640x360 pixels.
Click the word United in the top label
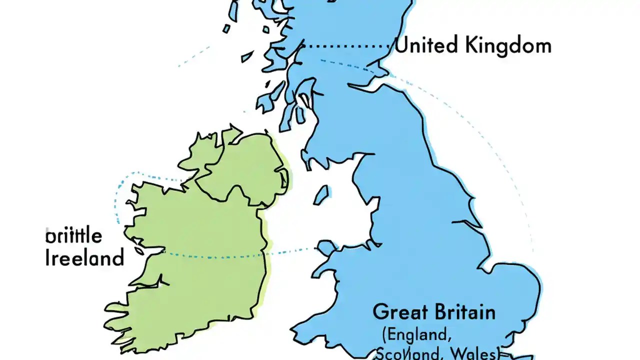coord(426,45)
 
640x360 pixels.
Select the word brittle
coord(73,235)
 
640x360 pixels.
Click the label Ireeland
coord(84,258)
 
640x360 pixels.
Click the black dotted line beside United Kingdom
coord(347,45)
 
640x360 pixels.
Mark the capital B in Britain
coord(439,312)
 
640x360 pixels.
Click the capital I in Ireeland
coord(48,258)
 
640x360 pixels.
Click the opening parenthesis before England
coord(385,333)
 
